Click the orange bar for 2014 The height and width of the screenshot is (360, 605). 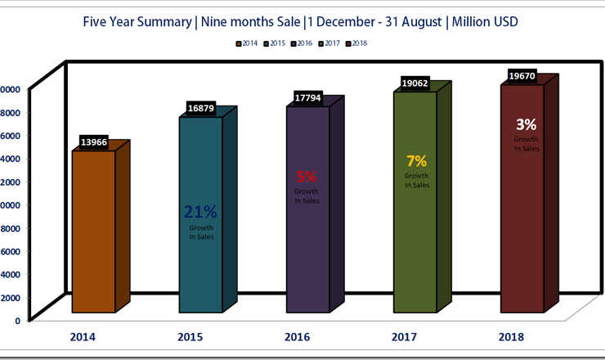94,237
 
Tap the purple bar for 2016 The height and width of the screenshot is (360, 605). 307,245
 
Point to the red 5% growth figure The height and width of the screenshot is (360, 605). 307,176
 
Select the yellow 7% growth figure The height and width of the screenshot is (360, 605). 416,161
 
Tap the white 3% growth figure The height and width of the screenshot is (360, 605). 526,125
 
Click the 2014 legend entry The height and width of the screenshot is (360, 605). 248,43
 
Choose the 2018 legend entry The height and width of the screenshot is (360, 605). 356,43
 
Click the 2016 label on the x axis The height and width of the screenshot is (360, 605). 298,336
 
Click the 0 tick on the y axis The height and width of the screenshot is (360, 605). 16,321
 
